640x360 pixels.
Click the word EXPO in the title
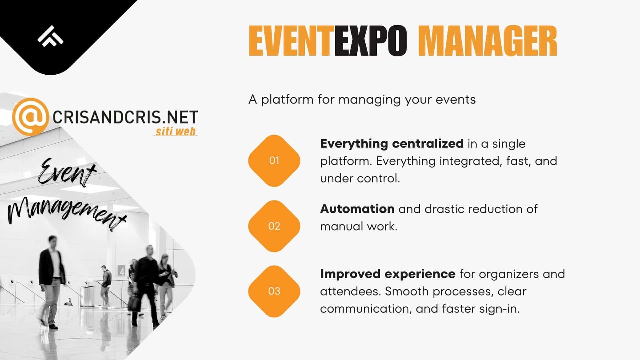371,41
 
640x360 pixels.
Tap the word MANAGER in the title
487,41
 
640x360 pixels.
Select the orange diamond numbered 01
274,161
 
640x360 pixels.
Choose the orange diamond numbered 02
274,226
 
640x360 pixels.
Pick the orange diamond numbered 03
274,291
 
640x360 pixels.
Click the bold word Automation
357,209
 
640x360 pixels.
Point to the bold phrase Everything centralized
392,144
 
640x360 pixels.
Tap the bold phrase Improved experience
388,274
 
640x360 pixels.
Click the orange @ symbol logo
30,117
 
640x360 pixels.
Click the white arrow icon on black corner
50,36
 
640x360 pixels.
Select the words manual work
359,226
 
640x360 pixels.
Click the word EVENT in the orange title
291,41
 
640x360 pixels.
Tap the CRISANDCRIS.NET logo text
125,117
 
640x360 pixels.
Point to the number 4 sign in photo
122,271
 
